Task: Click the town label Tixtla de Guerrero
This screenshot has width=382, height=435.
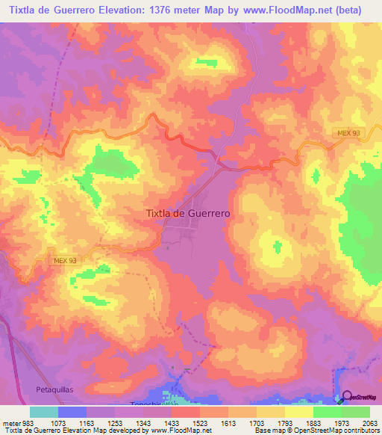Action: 187,213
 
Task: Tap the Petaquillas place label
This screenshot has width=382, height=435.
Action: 56,389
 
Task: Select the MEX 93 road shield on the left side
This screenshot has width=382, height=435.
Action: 66,260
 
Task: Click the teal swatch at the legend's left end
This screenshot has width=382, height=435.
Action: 43,412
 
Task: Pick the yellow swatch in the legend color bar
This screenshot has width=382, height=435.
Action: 298,412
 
